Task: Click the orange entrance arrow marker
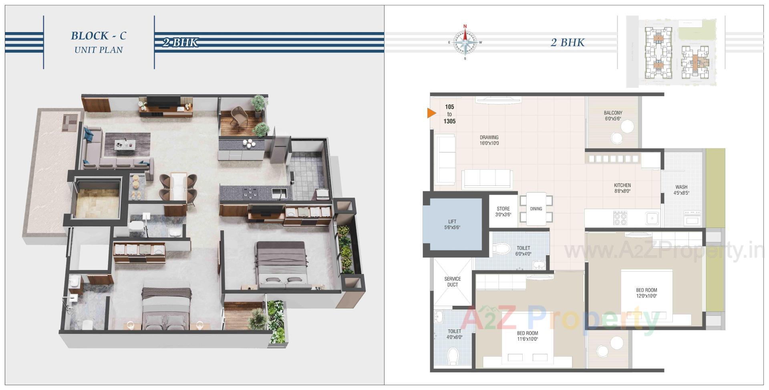click(431, 114)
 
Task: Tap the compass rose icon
click(465, 42)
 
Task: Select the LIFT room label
click(452, 224)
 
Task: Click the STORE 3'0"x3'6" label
click(503, 211)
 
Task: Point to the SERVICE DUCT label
click(453, 282)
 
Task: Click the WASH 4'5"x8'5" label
click(681, 190)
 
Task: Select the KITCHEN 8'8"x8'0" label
click(622, 188)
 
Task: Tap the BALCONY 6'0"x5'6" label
click(613, 116)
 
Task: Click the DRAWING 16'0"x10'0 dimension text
click(489, 143)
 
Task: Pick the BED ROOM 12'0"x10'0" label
click(646, 293)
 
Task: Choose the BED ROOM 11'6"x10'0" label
click(527, 336)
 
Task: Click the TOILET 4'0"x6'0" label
click(454, 334)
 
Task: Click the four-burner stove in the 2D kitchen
click(620, 218)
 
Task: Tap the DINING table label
click(536, 209)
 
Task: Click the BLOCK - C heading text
click(99, 36)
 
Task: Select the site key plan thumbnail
click(676, 51)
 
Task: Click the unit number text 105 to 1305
click(449, 114)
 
